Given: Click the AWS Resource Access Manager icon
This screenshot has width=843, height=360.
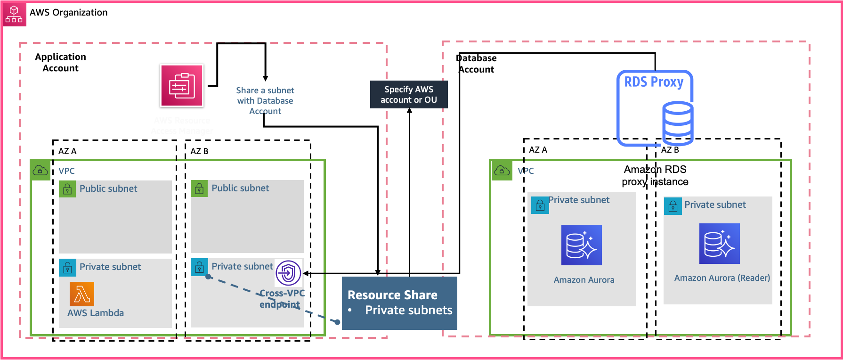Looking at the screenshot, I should (x=182, y=86).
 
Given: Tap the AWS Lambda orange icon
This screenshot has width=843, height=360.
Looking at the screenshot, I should (x=82, y=294).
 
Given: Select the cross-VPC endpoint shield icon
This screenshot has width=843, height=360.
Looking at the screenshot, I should (x=288, y=273).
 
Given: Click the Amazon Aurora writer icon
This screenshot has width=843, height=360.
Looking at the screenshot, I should (x=581, y=245).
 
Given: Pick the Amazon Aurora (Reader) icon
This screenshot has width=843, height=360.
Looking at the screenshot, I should (x=719, y=244).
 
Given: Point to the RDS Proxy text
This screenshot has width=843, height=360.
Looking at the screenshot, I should (x=654, y=82).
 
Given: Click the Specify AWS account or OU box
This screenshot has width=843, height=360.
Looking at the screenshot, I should (x=408, y=95).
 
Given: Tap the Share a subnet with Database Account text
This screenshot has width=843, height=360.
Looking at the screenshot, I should (x=265, y=101).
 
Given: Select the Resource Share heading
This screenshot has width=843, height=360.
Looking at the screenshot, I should (x=392, y=295).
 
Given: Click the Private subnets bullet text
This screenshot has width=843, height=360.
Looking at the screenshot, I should (x=408, y=310).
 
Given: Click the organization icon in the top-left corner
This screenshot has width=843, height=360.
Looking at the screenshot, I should (x=14, y=14).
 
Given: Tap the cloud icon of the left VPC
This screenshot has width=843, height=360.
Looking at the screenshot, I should (x=40, y=171).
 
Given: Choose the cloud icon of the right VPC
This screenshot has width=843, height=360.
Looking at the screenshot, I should (x=501, y=171).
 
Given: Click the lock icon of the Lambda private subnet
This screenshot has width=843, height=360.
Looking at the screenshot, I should (x=67, y=268).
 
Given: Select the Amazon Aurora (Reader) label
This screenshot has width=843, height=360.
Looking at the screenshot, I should (x=722, y=278).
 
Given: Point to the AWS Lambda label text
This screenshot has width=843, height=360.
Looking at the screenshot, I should (x=96, y=313).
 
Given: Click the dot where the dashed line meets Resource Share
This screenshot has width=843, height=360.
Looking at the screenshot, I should (x=338, y=322).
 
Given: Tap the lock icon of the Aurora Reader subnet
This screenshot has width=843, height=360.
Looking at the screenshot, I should (x=673, y=206).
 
